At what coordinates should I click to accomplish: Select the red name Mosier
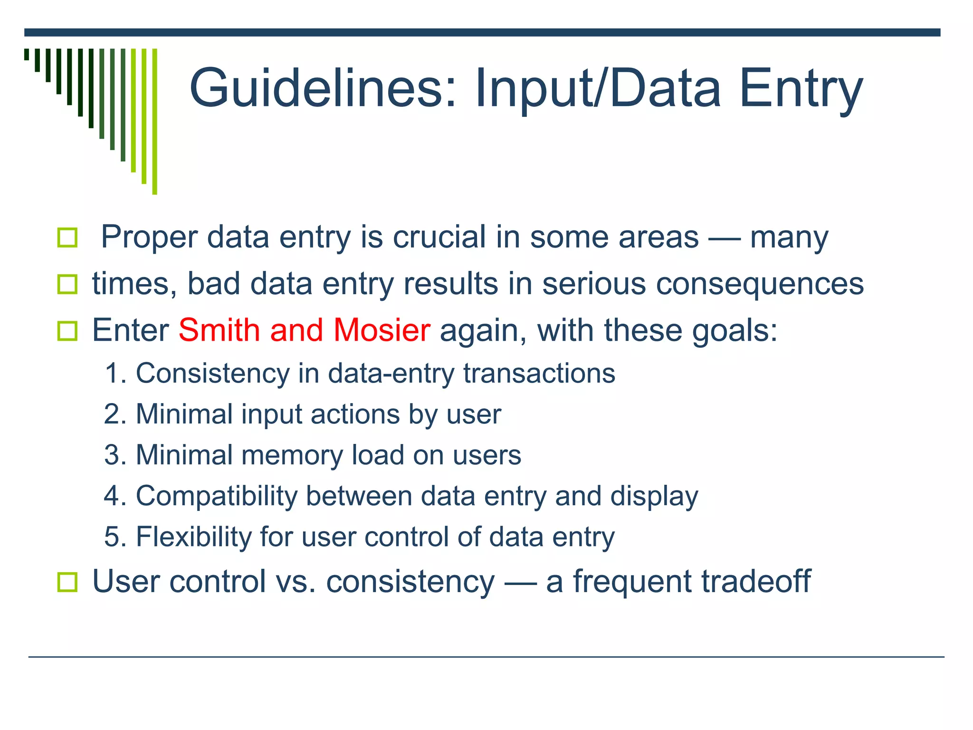[382, 330]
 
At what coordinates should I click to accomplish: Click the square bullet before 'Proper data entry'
[67, 237]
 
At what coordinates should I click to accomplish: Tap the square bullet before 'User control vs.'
[67, 582]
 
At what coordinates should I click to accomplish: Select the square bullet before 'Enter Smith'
[67, 331]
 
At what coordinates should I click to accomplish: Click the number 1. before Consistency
[115, 373]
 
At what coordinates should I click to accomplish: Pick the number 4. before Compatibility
[115, 496]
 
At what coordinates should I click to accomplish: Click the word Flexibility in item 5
[193, 537]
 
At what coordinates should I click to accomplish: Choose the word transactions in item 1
[539, 373]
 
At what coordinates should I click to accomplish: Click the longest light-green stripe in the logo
[154, 121]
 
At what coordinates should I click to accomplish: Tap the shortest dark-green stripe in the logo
[27, 54]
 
